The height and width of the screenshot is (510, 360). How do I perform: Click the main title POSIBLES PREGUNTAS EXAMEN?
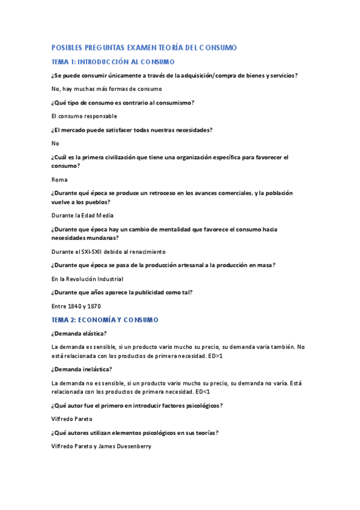144,48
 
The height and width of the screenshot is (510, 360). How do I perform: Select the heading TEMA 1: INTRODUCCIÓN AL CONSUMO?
113,62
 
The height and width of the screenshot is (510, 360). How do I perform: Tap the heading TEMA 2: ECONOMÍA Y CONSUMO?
113,320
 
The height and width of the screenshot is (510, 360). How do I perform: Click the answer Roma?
59,180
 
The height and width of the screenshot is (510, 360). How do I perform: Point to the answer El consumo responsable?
84,116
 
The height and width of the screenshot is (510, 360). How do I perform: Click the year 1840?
75,306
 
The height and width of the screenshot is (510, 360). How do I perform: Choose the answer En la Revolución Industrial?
87,279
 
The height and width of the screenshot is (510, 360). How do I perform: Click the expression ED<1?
201,392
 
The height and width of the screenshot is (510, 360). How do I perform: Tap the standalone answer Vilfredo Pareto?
72,419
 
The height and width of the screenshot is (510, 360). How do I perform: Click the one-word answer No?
55,143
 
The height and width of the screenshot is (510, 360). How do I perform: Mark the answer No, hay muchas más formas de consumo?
107,89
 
